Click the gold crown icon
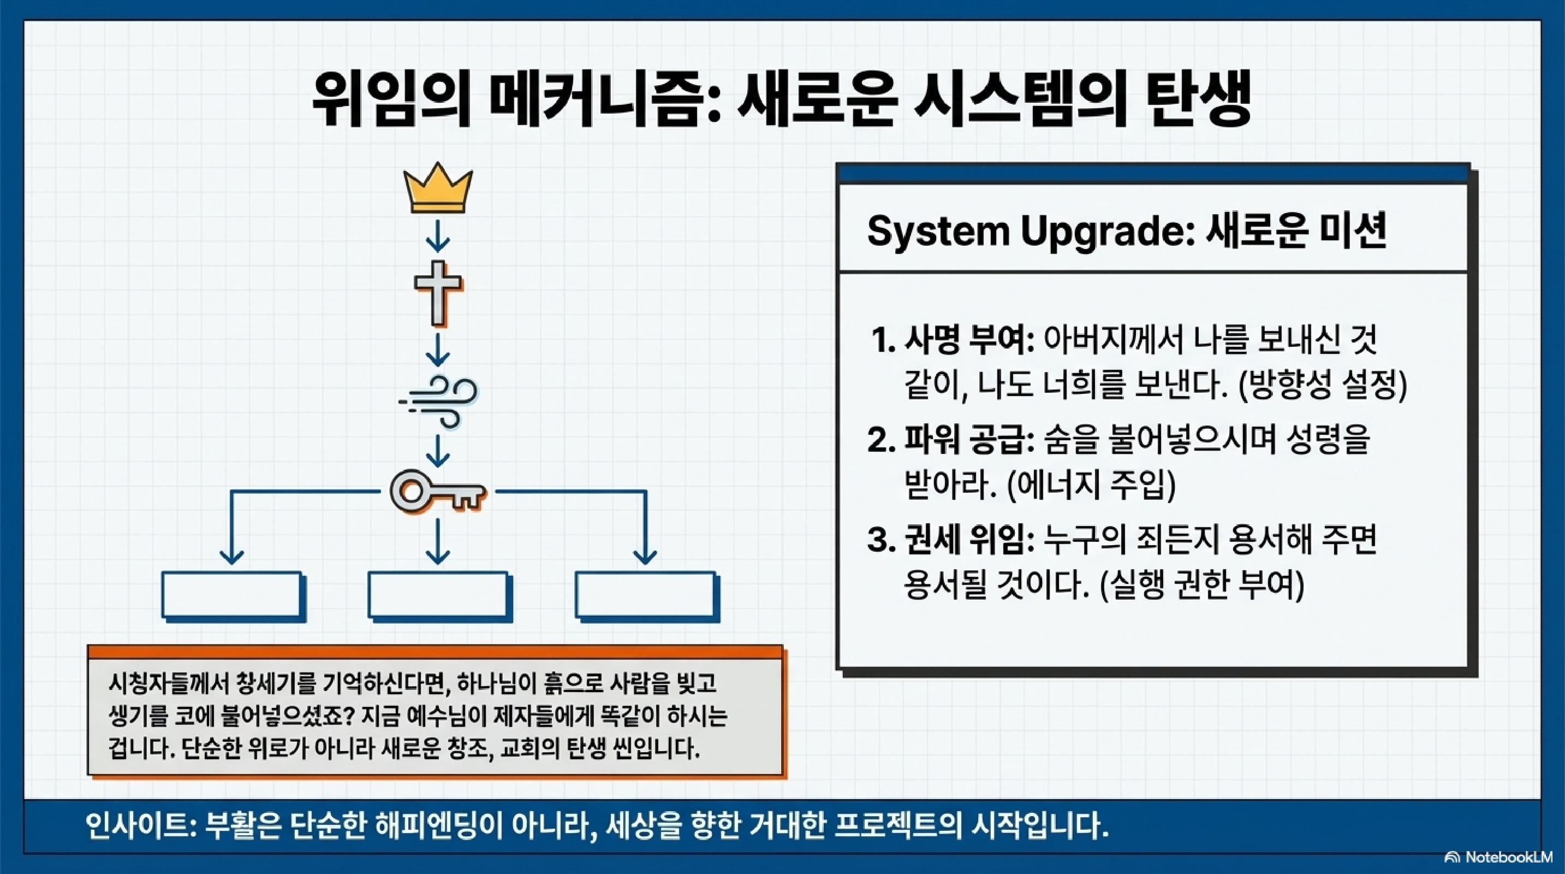point(437,188)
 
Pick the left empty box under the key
point(231,595)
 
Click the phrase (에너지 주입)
point(1091,485)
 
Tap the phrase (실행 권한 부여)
point(1201,584)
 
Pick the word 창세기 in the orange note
point(275,684)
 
